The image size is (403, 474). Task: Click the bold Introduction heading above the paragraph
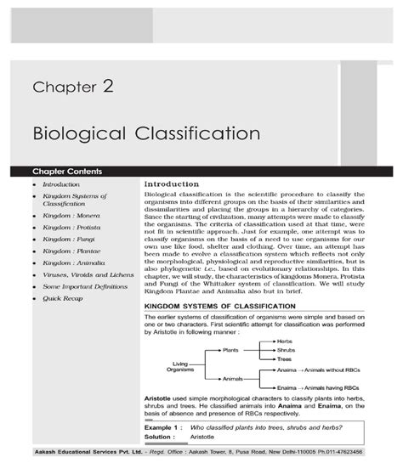click(x=176, y=183)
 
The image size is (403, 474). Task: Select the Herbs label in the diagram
click(x=286, y=341)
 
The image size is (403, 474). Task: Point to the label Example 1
click(x=160, y=427)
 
